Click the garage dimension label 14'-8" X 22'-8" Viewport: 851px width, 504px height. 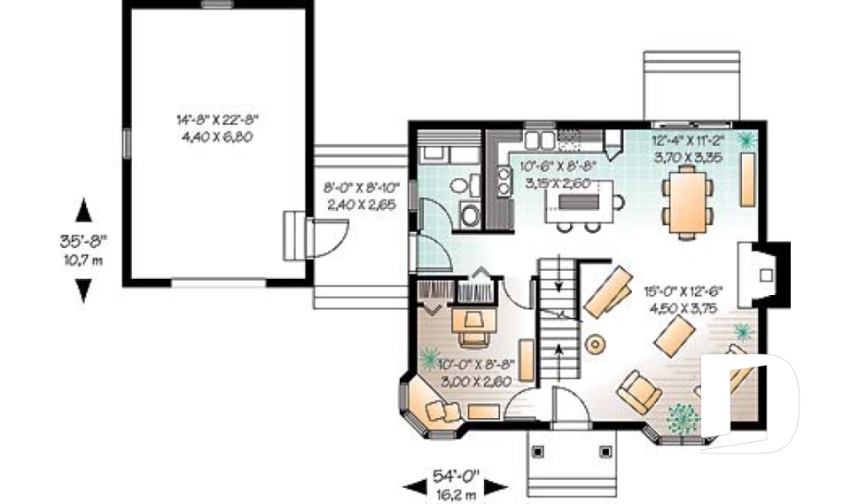pos(216,119)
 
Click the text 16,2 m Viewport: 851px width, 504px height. pos(455,493)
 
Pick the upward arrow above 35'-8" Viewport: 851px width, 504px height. pos(83,210)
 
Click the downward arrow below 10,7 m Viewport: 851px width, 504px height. pos(83,290)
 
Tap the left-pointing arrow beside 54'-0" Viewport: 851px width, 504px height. pos(414,485)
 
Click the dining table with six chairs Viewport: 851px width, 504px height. pos(687,203)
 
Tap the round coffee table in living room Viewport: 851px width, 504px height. pos(594,342)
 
